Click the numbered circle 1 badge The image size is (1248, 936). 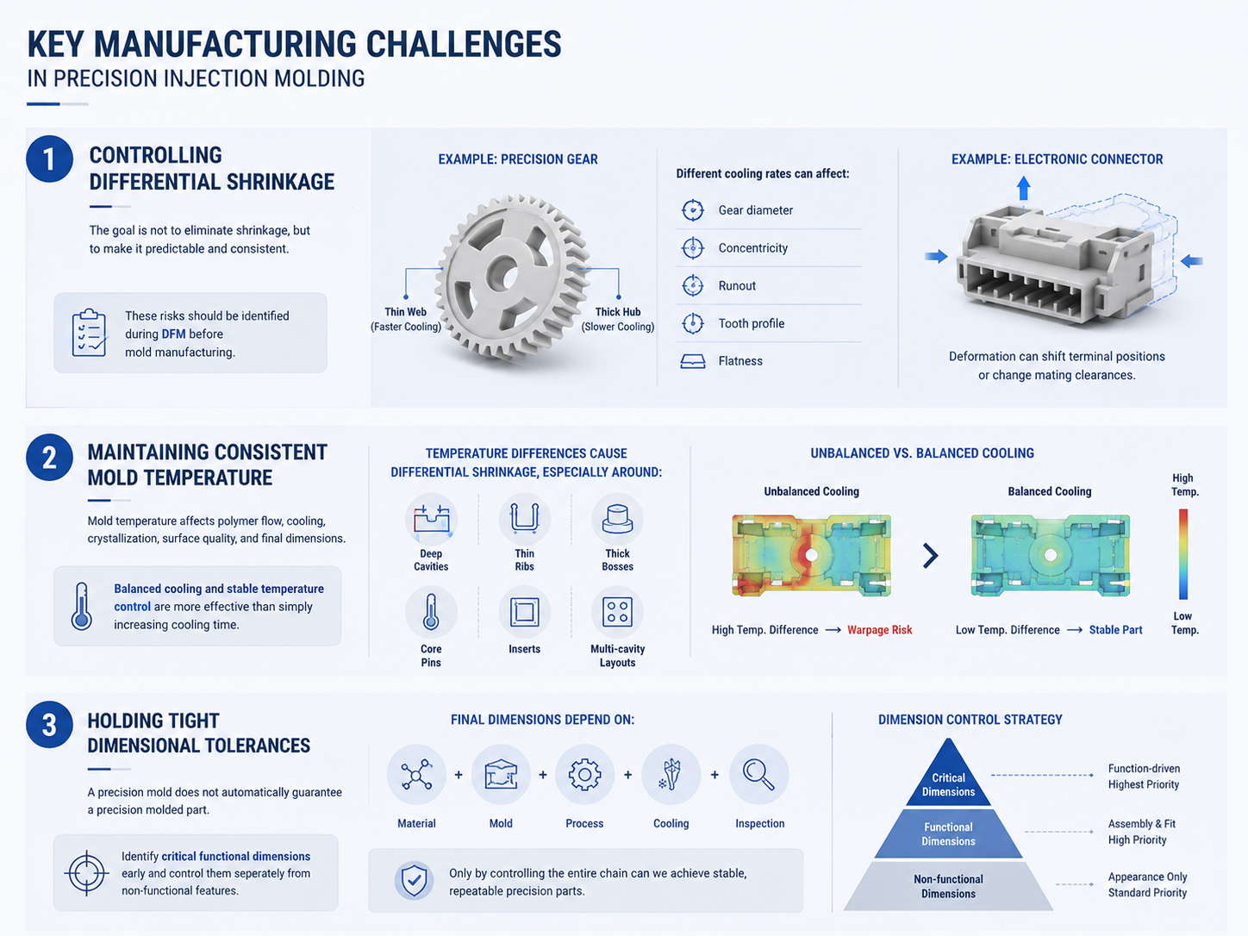click(49, 159)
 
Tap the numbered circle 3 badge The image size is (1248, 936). click(49, 725)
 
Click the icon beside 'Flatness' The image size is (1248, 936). click(692, 361)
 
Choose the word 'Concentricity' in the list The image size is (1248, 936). click(752, 248)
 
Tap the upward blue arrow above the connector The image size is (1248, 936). click(1023, 188)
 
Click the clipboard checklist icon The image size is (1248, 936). click(90, 333)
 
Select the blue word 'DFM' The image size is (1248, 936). click(173, 334)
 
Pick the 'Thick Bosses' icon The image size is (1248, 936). click(617, 519)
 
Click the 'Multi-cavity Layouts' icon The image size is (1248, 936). click(617, 612)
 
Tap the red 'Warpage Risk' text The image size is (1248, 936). click(880, 630)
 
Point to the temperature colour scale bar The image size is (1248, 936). click(1183, 554)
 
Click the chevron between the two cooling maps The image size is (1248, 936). click(930, 556)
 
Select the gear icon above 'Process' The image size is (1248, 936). click(584, 774)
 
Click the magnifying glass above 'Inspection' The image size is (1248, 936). click(759, 775)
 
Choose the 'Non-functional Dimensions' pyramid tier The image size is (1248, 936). click(948, 887)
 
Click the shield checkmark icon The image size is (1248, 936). click(414, 880)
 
